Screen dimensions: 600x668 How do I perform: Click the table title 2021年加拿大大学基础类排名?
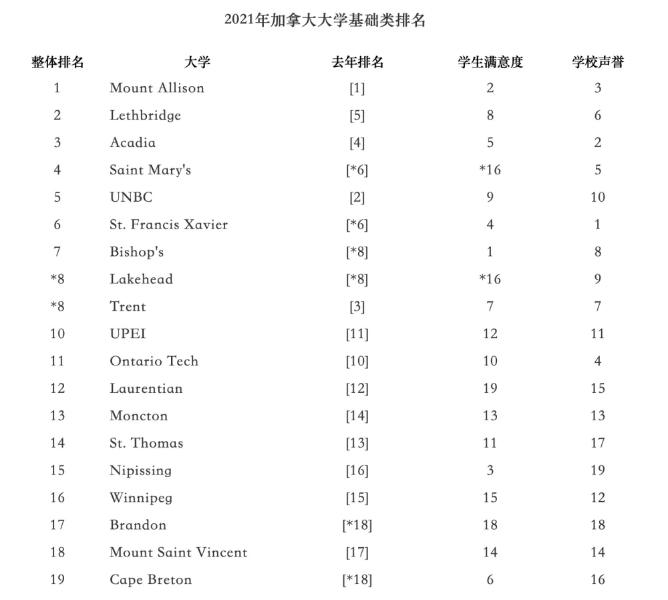[x=325, y=21]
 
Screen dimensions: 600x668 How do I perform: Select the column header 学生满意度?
[x=490, y=63]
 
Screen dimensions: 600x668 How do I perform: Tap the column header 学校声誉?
[x=598, y=63]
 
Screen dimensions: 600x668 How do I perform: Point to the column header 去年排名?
[x=357, y=63]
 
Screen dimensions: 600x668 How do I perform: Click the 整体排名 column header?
[x=57, y=63]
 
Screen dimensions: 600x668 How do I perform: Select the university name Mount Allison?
[x=157, y=88]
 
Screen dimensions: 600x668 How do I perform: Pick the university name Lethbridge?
[x=145, y=115]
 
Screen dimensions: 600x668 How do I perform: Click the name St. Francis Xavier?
[x=168, y=224]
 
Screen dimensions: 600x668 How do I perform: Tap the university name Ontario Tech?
[x=154, y=361]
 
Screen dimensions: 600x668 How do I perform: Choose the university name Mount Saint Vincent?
[x=178, y=553]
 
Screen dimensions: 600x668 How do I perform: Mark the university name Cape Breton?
[x=150, y=580]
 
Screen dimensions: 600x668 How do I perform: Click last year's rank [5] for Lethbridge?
[x=357, y=115]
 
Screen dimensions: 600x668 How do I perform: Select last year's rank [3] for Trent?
[x=357, y=307]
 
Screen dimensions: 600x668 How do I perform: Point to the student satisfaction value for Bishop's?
[x=490, y=252]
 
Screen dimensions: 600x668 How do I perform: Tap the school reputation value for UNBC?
[x=598, y=197]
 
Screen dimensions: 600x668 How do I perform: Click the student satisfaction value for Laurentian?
[x=490, y=388]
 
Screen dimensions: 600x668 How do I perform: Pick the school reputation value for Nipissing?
[x=598, y=470]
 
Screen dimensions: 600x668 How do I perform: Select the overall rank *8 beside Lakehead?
[x=57, y=279]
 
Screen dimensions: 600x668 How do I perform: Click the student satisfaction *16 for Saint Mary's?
[x=490, y=170]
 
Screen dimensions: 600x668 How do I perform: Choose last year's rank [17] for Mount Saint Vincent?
[x=357, y=553]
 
